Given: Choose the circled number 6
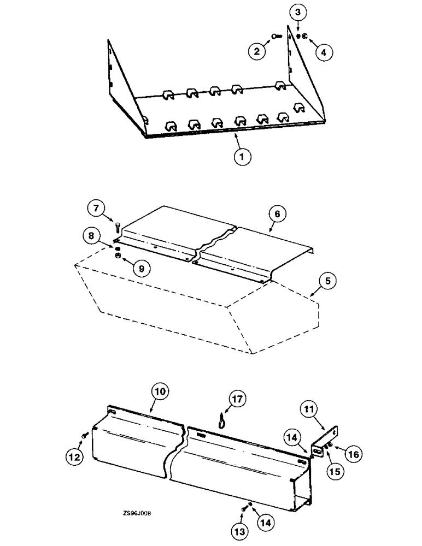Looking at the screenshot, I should coord(277,214).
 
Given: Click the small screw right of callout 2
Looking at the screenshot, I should coord(276,36).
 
